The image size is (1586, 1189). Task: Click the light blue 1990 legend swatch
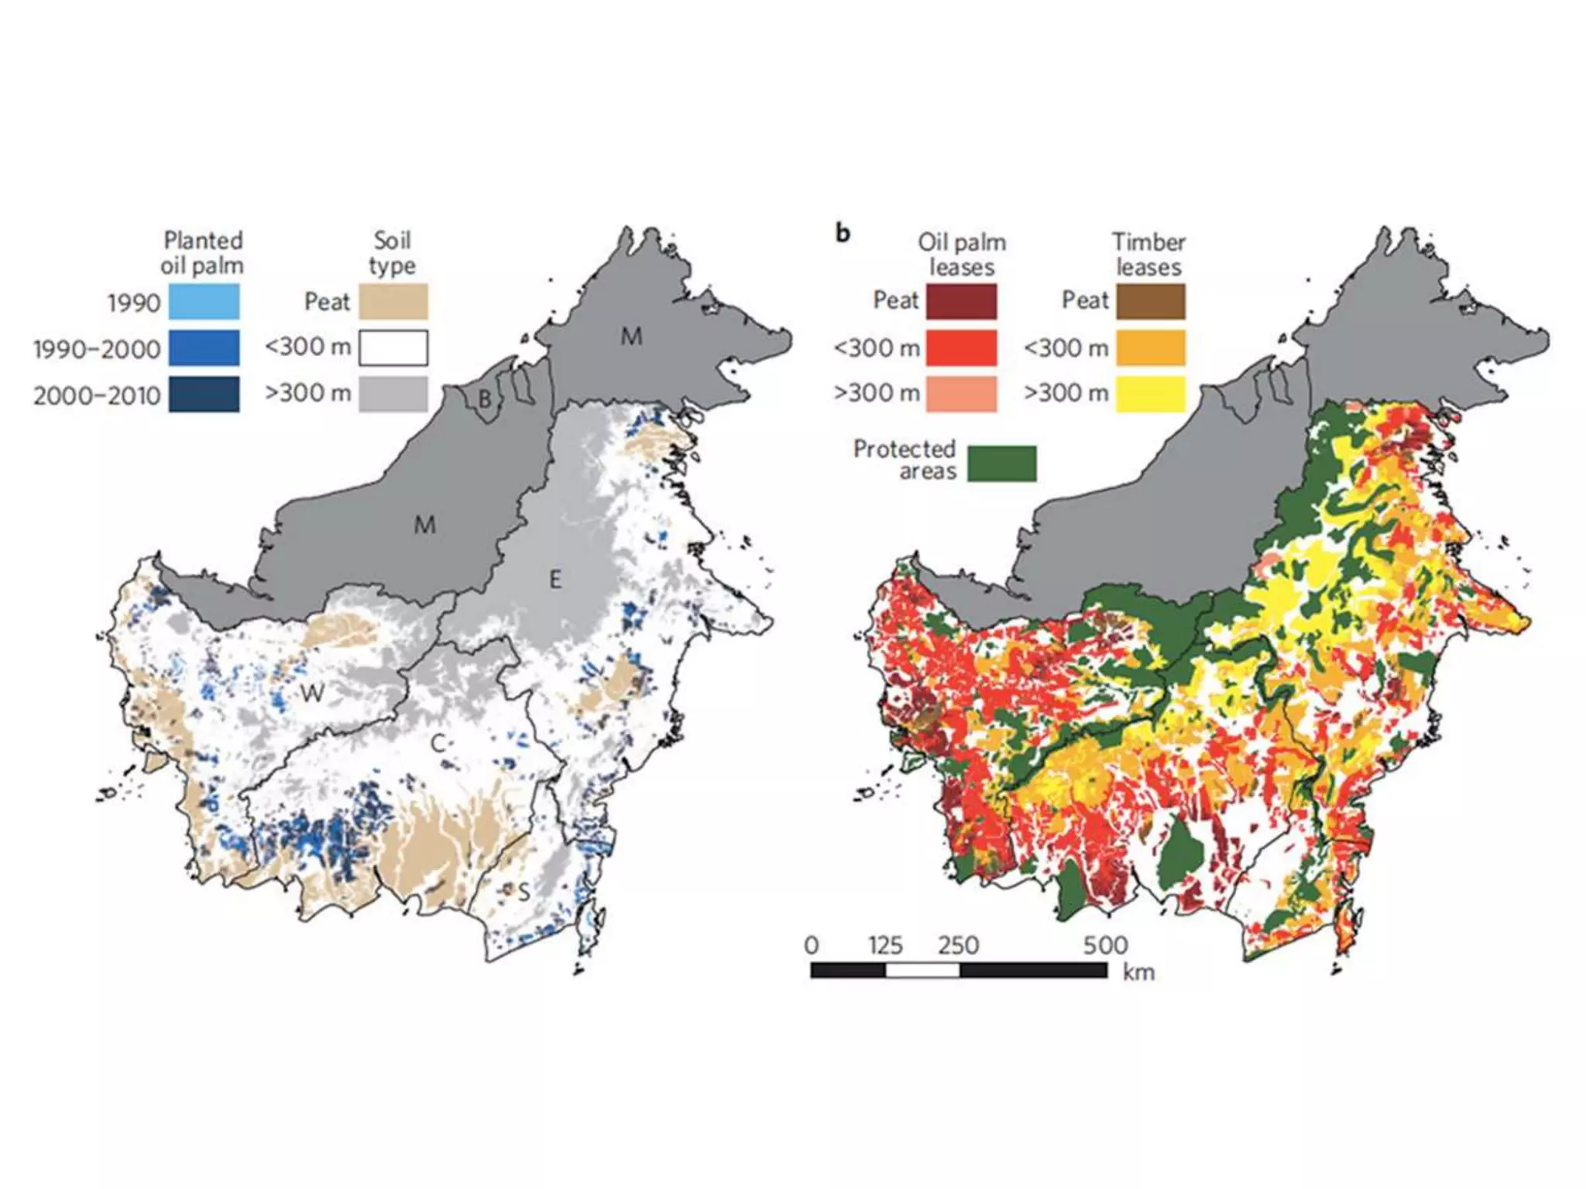(x=204, y=302)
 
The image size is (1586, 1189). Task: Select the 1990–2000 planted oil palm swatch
(x=204, y=348)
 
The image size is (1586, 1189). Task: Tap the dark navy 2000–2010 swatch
(x=204, y=395)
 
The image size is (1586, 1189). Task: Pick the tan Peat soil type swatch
(x=393, y=302)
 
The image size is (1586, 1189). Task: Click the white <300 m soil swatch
(x=393, y=348)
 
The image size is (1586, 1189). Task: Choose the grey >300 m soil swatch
(x=393, y=394)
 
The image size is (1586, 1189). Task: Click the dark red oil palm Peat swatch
(x=961, y=302)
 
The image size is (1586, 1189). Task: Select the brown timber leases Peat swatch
(x=1150, y=302)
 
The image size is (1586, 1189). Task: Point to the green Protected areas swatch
(x=1002, y=463)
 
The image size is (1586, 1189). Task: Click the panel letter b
(x=843, y=232)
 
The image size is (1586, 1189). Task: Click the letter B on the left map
(x=485, y=399)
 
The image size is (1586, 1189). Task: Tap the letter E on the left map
(x=554, y=579)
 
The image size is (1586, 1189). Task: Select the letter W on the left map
(x=311, y=692)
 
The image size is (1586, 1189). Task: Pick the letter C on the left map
(x=438, y=744)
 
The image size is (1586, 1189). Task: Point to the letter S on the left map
(x=524, y=893)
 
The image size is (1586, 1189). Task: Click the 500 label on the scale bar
(x=1105, y=945)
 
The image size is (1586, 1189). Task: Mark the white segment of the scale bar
(x=922, y=971)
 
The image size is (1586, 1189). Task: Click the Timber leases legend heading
(x=1148, y=254)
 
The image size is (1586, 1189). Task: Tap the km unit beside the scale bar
(x=1138, y=972)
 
